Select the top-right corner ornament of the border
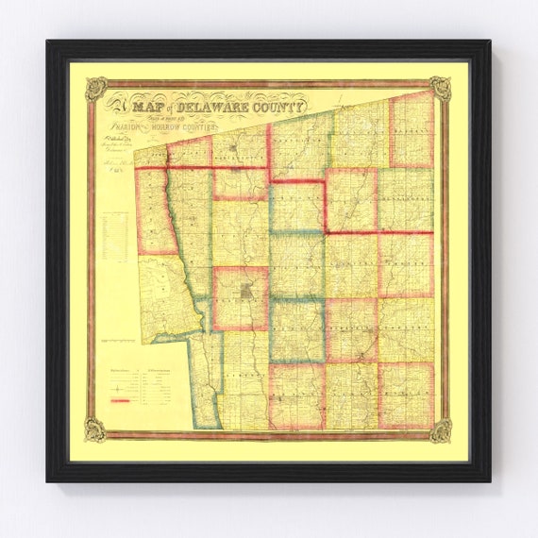440,89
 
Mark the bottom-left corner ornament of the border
95,430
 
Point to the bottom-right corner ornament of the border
440,430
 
